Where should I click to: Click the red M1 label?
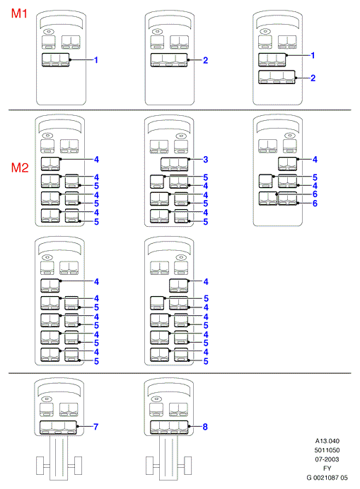coord(19,13)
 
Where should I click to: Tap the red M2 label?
coord(20,167)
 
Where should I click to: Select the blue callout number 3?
coord(205,160)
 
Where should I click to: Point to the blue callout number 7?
coord(96,426)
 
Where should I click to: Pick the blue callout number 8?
coord(205,427)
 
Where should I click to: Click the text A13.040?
coord(327,441)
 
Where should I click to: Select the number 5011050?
coord(327,450)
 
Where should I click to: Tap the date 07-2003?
coord(327,459)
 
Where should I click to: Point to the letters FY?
coord(327,468)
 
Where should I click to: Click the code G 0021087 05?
coord(327,478)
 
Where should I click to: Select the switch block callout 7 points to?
coord(59,428)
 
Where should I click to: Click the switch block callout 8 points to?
coord(169,428)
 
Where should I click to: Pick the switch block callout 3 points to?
coord(175,165)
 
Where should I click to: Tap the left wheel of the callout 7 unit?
coord(40,466)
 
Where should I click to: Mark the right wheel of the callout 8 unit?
coord(187,466)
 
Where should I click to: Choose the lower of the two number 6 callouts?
coord(315,204)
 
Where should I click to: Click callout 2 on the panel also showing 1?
coord(313,78)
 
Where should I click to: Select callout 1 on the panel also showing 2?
coord(313,56)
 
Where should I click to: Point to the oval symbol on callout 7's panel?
coord(47,399)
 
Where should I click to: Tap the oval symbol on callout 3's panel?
coord(181,136)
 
